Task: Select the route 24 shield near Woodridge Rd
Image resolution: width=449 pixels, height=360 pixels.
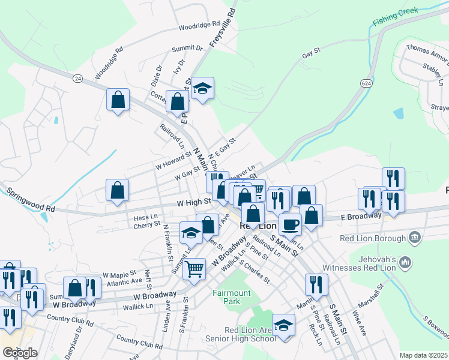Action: click(77, 78)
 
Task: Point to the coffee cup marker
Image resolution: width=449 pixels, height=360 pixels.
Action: click(290, 224)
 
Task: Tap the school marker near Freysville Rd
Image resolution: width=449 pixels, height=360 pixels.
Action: click(203, 89)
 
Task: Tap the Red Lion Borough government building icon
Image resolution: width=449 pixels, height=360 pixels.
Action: click(415, 239)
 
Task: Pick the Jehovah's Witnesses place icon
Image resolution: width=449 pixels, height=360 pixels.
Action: click(406, 262)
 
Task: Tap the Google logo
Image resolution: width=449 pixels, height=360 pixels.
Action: click(20, 352)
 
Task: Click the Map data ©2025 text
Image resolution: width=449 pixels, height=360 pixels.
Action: click(424, 355)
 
